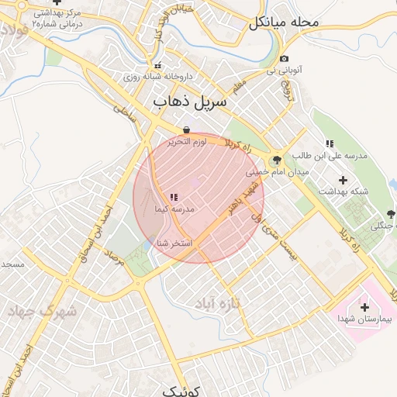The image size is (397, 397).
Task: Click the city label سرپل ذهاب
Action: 190,102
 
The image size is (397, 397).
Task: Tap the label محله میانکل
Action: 284,22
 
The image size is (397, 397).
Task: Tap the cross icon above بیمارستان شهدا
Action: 364,307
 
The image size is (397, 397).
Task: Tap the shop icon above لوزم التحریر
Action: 187,130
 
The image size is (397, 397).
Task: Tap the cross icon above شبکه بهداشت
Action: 343,180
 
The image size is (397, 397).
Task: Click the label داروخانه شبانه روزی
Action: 153,78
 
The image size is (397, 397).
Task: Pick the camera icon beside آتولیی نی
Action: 285,59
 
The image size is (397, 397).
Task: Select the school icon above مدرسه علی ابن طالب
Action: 330,143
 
